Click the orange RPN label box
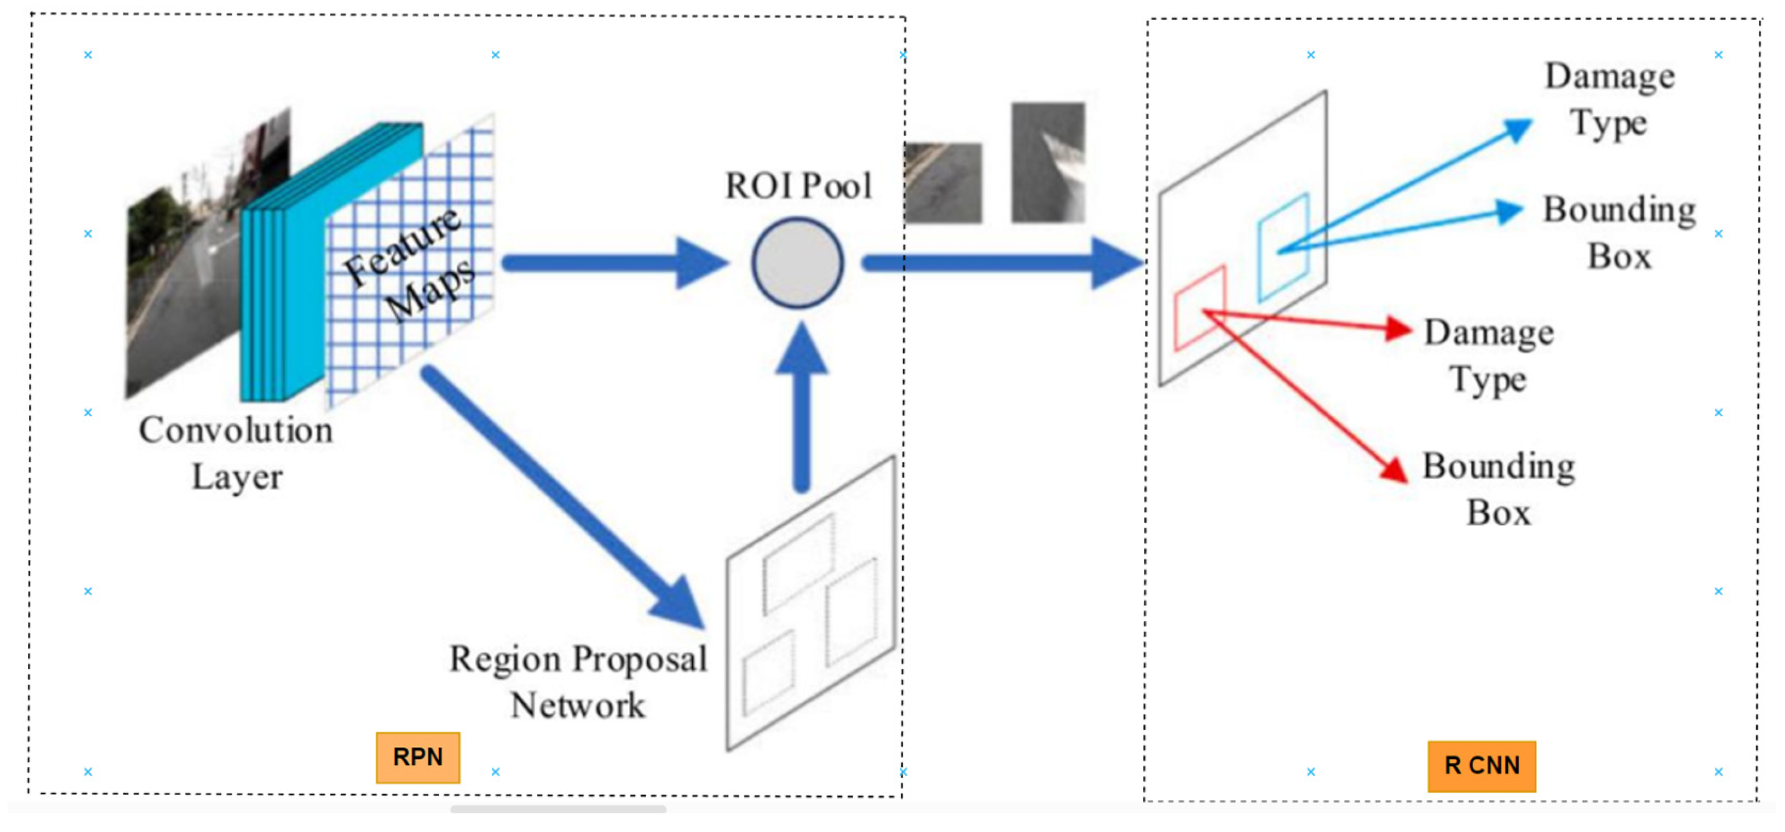(x=417, y=757)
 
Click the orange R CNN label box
(x=1482, y=766)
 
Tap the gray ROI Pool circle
(x=798, y=263)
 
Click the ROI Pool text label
(x=798, y=186)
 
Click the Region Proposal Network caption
(x=578, y=682)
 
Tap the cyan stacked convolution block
(x=291, y=278)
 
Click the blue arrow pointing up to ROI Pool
(x=802, y=409)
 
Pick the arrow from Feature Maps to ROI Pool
(x=610, y=263)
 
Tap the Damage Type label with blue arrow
(x=1609, y=99)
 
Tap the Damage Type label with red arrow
(x=1488, y=356)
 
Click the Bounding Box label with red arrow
(x=1498, y=489)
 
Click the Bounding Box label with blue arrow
(x=1619, y=232)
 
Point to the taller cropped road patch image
(x=1048, y=162)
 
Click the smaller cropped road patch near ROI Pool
(x=944, y=183)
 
